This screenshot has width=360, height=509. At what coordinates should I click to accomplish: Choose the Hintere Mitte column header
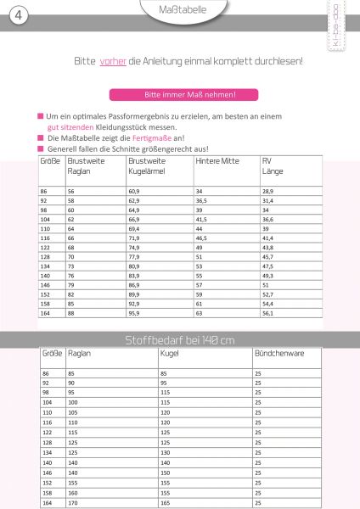click(217, 160)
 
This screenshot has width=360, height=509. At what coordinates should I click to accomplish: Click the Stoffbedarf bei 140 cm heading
click(179, 340)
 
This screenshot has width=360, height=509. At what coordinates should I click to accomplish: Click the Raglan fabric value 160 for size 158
click(73, 492)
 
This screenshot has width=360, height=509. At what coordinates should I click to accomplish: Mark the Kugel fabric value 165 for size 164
click(165, 503)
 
